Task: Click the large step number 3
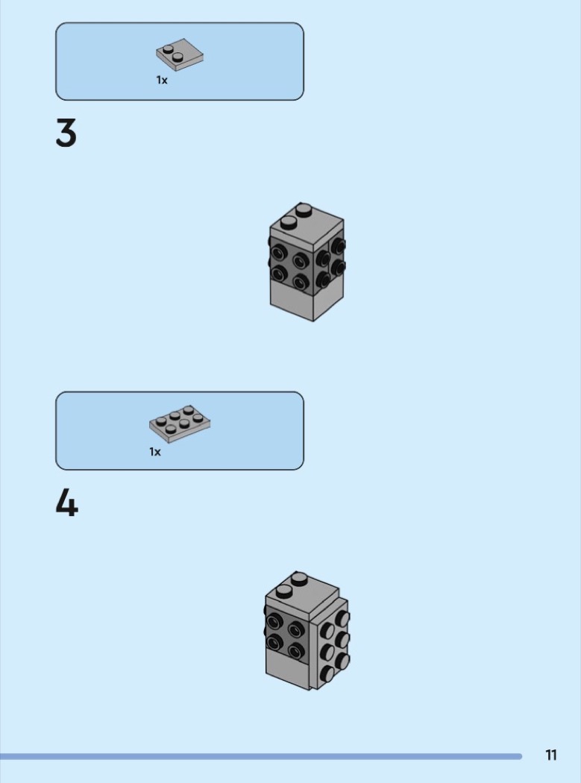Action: tap(66, 133)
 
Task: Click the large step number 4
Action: tap(67, 503)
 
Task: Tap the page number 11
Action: tap(551, 755)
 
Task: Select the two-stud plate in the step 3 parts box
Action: tap(180, 54)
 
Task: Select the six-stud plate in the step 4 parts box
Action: tap(180, 424)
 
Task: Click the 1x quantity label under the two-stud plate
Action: tap(162, 80)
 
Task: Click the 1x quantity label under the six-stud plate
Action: tap(155, 452)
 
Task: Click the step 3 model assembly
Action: tap(307, 262)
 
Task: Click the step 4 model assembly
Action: tap(307, 631)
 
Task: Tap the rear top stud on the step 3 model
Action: tap(304, 210)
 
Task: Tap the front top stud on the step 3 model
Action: tap(289, 222)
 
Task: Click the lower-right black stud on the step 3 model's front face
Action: tap(301, 282)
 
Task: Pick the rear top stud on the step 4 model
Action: tap(300, 579)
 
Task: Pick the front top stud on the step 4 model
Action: tap(284, 592)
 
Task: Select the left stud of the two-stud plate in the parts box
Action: tap(169, 49)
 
